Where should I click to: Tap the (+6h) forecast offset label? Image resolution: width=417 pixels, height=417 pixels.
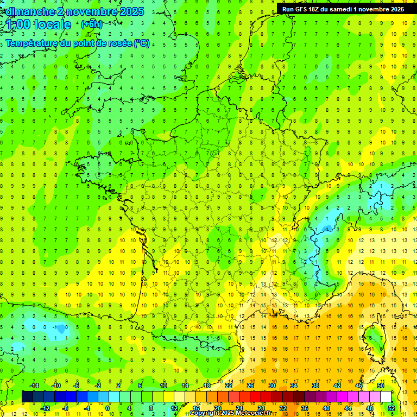pyautogui.click(x=91, y=24)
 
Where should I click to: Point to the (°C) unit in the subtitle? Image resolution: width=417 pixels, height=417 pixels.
pyautogui.click(x=141, y=43)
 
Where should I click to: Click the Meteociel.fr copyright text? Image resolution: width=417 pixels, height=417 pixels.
pyautogui.click(x=231, y=413)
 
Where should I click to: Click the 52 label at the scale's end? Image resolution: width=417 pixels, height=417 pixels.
pyautogui.click(x=391, y=408)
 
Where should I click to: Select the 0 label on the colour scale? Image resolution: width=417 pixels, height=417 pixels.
pyautogui.click(x=108, y=408)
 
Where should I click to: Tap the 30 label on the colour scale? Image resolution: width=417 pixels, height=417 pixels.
pyautogui.click(x=271, y=386)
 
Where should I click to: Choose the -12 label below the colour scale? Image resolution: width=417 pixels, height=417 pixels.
pyautogui.click(x=45, y=408)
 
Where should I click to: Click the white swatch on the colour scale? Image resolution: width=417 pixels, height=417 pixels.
pyautogui.click(x=386, y=396)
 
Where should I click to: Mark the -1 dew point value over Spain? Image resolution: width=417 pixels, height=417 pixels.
pyautogui.click(x=54, y=327)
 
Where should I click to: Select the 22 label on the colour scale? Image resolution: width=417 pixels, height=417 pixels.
pyautogui.click(x=229, y=386)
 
